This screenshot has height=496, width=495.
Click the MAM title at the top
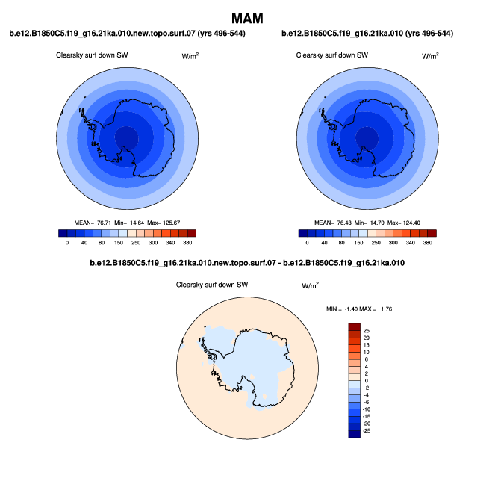click(x=247, y=17)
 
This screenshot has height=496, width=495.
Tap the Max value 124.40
click(x=411, y=223)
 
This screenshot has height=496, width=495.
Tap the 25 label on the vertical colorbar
click(x=366, y=329)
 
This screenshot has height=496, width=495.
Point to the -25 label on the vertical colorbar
click(x=367, y=431)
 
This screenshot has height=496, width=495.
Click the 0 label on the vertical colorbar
click(x=365, y=380)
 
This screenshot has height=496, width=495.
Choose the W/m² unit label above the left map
click(x=190, y=56)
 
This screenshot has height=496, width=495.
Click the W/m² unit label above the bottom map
click(x=310, y=285)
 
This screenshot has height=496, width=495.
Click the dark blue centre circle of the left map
click(x=126, y=137)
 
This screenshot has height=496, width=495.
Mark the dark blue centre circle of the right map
click(x=366, y=137)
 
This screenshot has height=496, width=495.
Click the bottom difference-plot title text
click(x=247, y=263)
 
